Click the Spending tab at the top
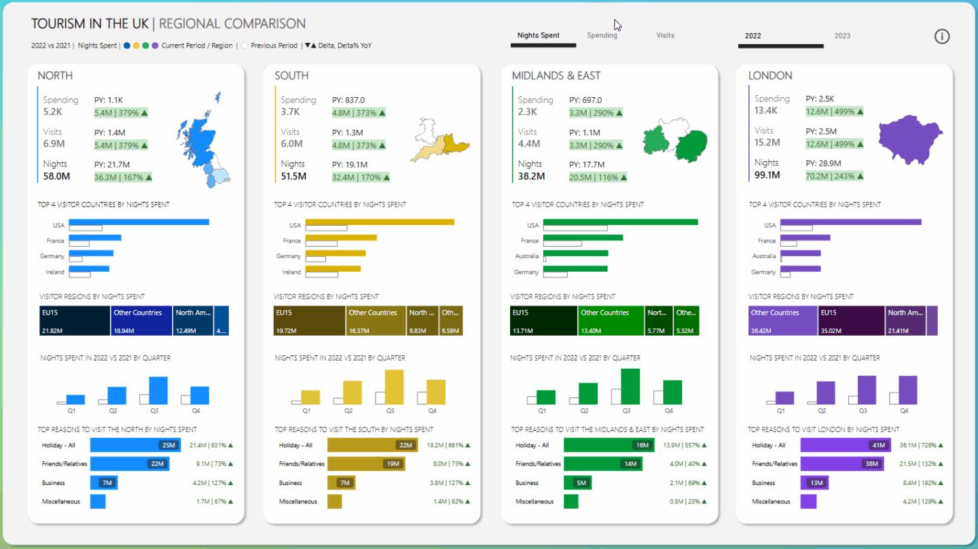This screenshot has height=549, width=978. point(602,35)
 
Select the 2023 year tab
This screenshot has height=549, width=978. point(842,36)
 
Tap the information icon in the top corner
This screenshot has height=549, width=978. point(942,37)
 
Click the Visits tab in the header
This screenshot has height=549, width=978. point(665,35)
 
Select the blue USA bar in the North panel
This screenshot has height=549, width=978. point(139,222)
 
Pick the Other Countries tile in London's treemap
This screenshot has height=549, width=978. point(782,321)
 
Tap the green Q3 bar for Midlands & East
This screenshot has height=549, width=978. point(630,387)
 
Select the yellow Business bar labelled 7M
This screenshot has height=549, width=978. point(342,482)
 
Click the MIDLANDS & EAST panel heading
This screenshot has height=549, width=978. point(556,75)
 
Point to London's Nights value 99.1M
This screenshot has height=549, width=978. point(767,175)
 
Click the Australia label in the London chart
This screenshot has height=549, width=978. point(764,256)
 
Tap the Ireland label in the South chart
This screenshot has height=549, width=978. point(291,272)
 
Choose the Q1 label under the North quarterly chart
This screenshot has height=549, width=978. point(71,410)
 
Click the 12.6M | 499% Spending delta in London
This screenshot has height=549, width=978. point(835,111)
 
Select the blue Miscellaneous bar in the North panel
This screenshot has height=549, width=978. point(98,501)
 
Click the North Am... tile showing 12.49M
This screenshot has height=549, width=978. point(193,321)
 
